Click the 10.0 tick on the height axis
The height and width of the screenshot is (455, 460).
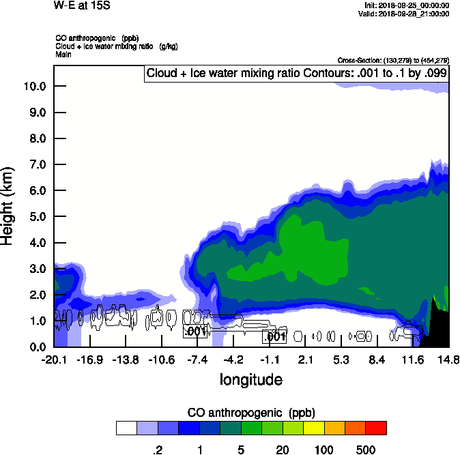pos(34,86)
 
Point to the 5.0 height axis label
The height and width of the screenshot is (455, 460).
pos(34,216)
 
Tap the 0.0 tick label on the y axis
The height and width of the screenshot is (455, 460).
pos(34,347)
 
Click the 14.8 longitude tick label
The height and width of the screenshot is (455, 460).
pos(448,359)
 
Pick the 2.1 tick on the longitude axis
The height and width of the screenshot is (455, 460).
pos(305,359)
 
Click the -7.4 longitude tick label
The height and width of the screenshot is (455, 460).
pos(197,359)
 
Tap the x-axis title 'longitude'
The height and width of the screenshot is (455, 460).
pos(250,379)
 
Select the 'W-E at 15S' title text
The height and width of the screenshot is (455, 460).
pos(81,5)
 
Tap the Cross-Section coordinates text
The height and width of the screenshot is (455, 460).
pos(393,60)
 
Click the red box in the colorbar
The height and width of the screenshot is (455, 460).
pos(376,428)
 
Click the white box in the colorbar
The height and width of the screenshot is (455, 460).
pos(126,428)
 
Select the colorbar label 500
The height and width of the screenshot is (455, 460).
pos(366,449)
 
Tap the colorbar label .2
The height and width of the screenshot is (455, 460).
pos(158,449)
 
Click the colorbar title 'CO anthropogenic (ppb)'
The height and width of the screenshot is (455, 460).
pos(250,413)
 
